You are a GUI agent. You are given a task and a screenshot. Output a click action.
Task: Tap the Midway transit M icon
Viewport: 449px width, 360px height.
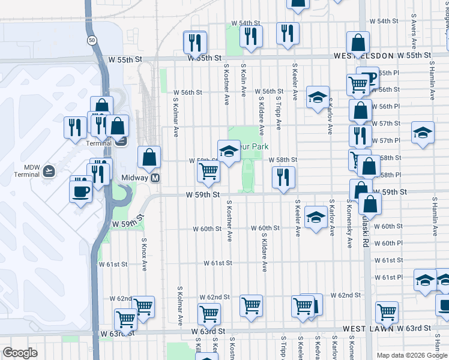[154, 178]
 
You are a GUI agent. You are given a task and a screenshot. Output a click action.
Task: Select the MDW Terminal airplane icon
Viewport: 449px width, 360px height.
[49, 171]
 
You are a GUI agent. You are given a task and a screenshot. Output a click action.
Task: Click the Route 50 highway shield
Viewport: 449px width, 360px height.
[91, 40]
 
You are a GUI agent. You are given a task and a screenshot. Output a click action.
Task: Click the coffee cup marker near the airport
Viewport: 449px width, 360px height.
[80, 192]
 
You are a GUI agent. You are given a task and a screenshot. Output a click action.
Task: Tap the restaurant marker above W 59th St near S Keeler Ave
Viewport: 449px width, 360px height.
[283, 176]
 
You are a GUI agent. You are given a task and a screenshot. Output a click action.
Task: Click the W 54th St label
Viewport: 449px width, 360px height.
[246, 23]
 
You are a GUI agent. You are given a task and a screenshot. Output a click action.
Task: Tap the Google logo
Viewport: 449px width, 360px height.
[20, 353]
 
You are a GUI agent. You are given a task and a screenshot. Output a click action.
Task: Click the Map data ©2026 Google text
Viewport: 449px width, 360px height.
[412, 355]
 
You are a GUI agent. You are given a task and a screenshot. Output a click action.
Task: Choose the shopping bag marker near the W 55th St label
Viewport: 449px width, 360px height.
[358, 43]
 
